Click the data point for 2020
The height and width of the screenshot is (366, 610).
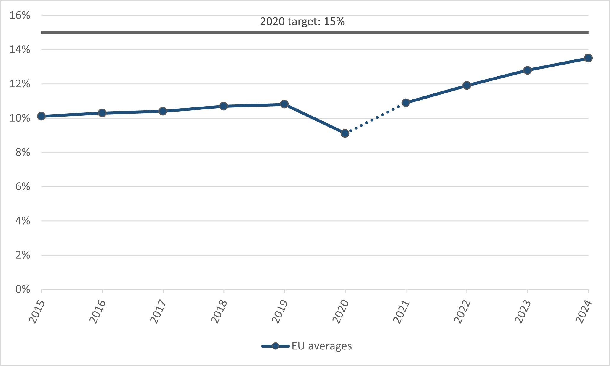point(345,133)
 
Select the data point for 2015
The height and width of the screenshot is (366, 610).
point(41,116)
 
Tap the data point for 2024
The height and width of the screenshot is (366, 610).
point(588,58)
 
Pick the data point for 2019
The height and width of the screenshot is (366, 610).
point(284,104)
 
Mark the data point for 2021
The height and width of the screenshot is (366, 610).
point(406,103)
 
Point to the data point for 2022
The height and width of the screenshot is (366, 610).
point(467,86)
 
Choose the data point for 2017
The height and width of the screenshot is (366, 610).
point(163,111)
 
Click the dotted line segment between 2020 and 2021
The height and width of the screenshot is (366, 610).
point(375,118)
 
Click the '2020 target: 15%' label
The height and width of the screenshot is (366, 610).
point(302,22)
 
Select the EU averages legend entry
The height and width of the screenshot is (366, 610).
point(307,346)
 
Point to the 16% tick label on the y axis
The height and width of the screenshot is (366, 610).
point(20,15)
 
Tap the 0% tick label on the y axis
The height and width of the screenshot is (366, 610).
point(23,289)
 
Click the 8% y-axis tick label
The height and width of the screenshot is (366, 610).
point(23,152)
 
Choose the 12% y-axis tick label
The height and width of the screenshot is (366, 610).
point(20,84)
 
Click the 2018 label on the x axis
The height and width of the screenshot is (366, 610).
point(219,312)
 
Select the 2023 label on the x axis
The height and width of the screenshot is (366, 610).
point(523,312)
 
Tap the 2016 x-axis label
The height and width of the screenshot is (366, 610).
point(98,312)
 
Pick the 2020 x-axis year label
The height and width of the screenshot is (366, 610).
point(341,312)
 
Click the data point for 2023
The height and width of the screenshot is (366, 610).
point(527,70)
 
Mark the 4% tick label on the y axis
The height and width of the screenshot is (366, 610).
point(23,221)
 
